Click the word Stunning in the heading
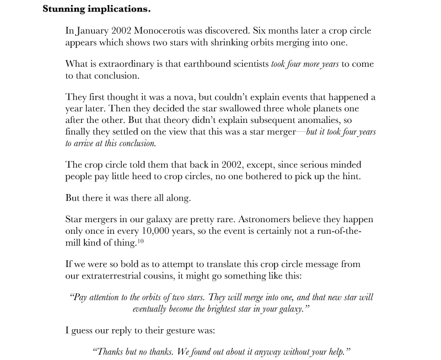(63, 9)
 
